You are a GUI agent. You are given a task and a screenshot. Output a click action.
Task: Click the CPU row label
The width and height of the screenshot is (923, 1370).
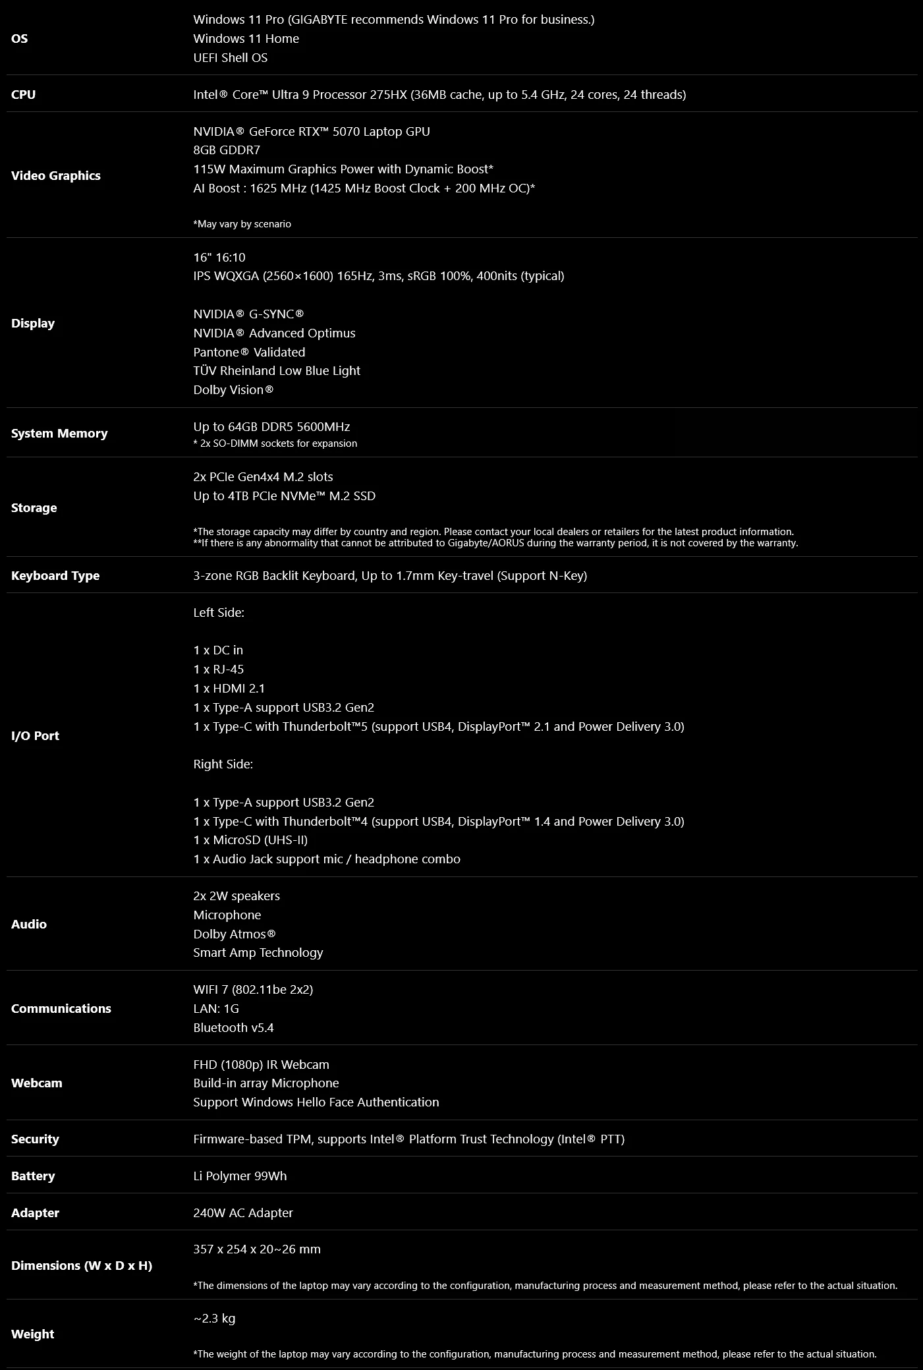23,95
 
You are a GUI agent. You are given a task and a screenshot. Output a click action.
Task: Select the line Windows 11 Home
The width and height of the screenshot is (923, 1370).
246,39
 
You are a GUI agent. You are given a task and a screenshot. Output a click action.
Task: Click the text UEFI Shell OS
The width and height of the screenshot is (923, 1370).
230,58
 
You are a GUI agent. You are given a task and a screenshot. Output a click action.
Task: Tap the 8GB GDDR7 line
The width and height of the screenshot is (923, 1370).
226,150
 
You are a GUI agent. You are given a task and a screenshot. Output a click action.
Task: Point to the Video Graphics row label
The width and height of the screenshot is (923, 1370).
56,176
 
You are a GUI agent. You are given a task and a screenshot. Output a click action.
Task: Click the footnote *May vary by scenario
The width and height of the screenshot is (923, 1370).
242,224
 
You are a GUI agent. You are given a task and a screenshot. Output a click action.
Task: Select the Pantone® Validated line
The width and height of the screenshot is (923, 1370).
249,353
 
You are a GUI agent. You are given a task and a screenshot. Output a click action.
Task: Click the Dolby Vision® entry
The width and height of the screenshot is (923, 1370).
233,390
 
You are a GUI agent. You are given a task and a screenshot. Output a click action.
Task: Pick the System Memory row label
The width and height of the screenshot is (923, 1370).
59,434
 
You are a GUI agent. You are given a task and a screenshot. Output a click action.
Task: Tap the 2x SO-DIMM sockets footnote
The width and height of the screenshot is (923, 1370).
275,443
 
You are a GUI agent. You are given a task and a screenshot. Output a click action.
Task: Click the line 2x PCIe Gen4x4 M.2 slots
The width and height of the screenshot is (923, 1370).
263,477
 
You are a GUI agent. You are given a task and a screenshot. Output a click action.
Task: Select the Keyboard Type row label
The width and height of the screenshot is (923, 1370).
55,576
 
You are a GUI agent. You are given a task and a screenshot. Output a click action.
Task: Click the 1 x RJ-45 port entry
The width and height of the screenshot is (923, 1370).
218,670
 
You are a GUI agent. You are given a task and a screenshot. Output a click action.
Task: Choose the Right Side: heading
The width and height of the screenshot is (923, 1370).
223,764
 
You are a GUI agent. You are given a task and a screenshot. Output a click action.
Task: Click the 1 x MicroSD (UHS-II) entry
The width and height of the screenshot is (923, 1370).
250,840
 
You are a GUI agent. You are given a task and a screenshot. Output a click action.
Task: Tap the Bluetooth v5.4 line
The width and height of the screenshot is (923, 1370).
233,1028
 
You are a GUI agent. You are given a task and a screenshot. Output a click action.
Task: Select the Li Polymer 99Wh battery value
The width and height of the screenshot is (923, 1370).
240,1176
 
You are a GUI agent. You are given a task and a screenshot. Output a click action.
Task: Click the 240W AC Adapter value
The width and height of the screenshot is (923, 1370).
242,1213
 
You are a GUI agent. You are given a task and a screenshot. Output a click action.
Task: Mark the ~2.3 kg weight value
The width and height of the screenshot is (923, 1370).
214,1319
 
